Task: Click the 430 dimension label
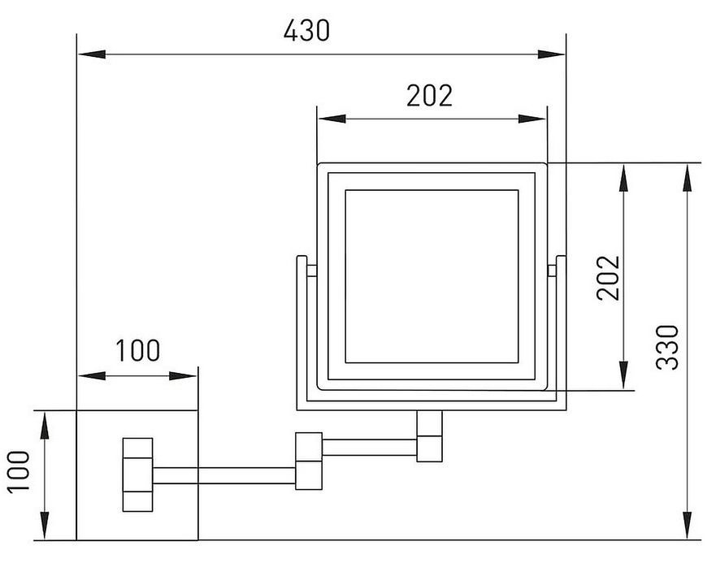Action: click(x=306, y=31)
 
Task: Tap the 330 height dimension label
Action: click(x=667, y=348)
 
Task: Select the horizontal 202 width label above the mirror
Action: click(x=429, y=96)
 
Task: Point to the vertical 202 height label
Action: click(x=608, y=278)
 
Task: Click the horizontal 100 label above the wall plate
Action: click(x=138, y=350)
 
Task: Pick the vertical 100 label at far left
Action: click(x=19, y=471)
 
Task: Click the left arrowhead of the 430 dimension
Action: click(x=92, y=54)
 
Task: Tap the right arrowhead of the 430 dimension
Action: click(x=551, y=54)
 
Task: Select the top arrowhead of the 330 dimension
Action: click(x=687, y=179)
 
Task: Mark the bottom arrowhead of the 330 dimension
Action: click(x=687, y=525)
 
